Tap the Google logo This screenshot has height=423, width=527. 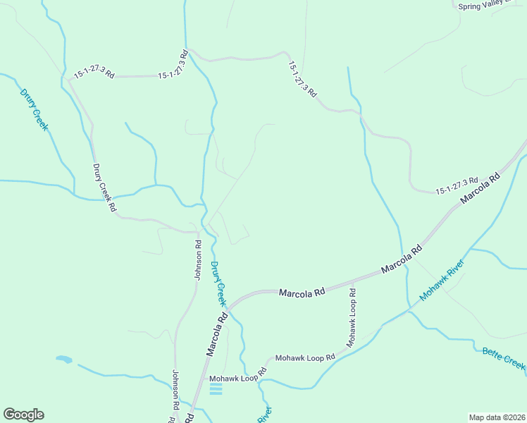[x=23, y=415]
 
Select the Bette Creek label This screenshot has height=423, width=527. [x=504, y=358]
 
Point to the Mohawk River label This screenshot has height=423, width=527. [x=442, y=281]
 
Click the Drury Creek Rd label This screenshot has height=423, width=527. [x=104, y=188]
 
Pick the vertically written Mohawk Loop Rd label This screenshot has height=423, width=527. [x=352, y=317]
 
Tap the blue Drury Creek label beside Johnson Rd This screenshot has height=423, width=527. [x=218, y=283]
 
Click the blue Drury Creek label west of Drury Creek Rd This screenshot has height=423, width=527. [x=34, y=109]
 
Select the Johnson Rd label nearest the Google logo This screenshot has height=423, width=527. [x=174, y=392]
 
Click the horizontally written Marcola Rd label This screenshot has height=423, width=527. [x=302, y=292]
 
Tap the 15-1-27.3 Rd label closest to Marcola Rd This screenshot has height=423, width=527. [x=457, y=185]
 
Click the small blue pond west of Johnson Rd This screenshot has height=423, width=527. [x=63, y=360]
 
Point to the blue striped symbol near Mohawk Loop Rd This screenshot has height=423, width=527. [x=216, y=388]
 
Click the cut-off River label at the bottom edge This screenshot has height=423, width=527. [x=263, y=415]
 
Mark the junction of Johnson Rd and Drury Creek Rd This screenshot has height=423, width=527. [x=199, y=231]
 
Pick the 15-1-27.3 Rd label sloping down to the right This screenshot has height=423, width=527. [x=303, y=78]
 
